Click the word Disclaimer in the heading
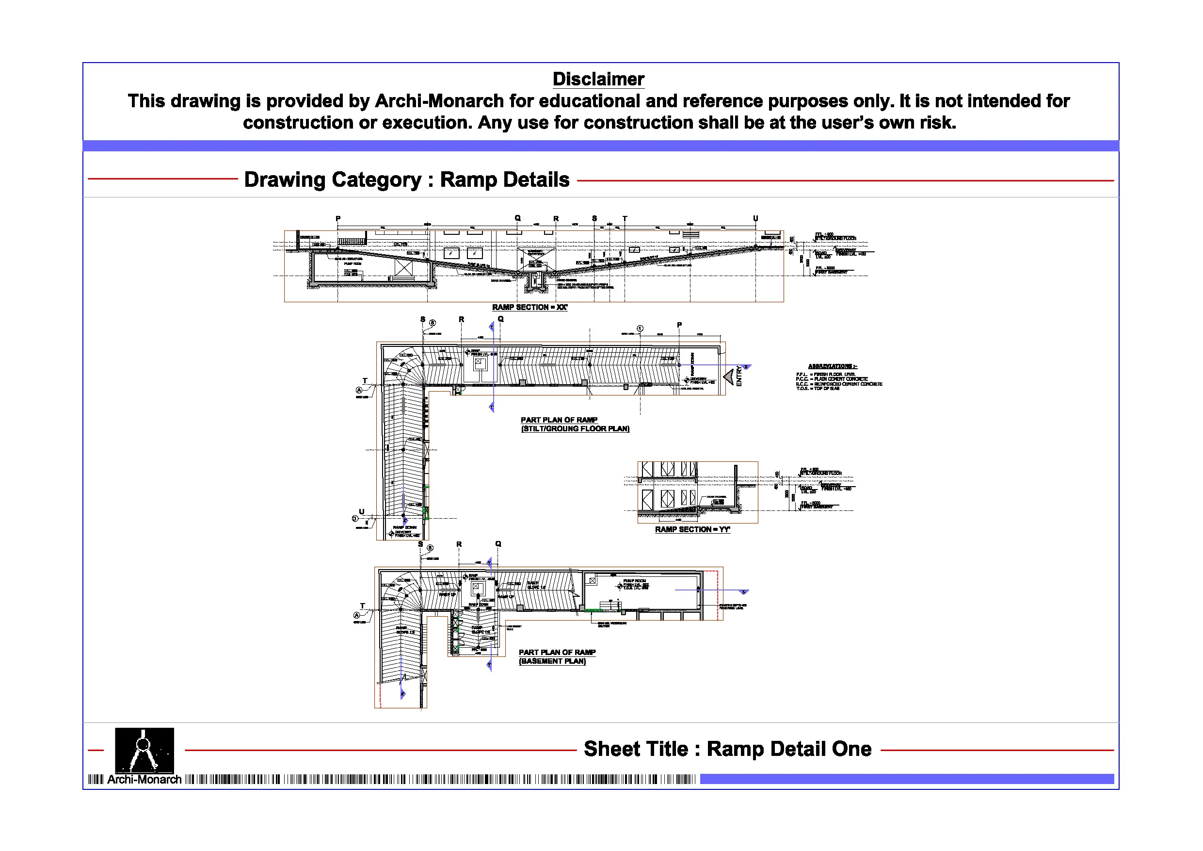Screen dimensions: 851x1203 click(598, 79)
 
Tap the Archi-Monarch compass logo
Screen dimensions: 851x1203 click(144, 750)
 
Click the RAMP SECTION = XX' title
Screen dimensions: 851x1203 click(529, 307)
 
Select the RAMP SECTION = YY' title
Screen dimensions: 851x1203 click(692, 530)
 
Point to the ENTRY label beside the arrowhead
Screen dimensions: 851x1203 click(739, 376)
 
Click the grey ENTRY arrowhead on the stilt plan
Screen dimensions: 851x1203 click(729, 376)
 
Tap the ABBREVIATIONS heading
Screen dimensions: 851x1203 click(832, 366)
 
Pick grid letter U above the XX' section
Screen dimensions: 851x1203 click(755, 218)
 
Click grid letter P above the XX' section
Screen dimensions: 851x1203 click(338, 219)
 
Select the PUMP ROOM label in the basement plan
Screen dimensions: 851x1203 click(635, 581)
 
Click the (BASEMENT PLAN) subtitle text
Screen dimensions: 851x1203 click(552, 661)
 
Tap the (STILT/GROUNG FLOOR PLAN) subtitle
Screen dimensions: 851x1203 click(575, 429)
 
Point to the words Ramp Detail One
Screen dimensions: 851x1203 click(789, 749)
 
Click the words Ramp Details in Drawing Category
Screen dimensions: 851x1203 click(505, 180)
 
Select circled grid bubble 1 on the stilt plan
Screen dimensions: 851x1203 click(640, 329)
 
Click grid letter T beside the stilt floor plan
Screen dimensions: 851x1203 click(365, 381)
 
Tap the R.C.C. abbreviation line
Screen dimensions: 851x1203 click(838, 384)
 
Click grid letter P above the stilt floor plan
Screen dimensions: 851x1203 click(680, 325)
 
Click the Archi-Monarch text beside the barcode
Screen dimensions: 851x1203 click(144, 780)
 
